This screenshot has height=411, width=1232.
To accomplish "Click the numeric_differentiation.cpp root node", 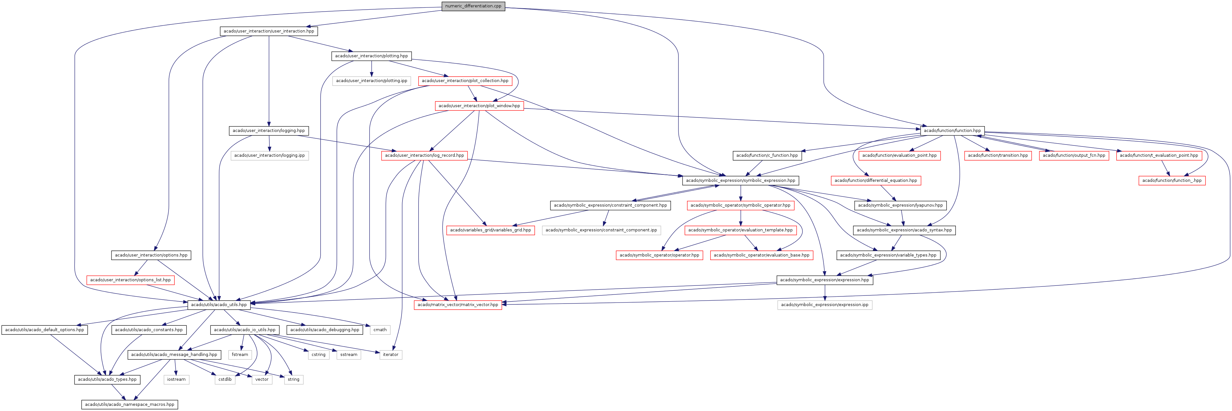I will [473, 6].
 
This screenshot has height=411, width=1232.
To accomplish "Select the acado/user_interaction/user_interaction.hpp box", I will [269, 31].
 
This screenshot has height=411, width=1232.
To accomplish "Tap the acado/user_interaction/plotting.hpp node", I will [372, 56].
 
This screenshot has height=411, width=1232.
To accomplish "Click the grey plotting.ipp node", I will [372, 81].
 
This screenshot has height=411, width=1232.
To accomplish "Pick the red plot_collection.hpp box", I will [465, 81].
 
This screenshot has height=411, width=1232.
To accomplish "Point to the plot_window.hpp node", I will [479, 106].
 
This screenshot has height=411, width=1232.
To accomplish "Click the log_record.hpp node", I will [424, 155].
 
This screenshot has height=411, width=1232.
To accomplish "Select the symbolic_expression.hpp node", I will [740, 180].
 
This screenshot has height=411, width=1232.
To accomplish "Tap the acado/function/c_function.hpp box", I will [767, 155].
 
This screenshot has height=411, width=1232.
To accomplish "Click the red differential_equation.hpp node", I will [876, 180].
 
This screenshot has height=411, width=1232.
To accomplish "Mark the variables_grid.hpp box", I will [490, 230].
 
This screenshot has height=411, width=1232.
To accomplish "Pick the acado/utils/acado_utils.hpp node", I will [218, 304].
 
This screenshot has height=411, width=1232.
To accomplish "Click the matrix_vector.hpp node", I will [458, 304].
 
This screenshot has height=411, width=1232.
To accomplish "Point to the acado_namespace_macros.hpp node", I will [130, 404].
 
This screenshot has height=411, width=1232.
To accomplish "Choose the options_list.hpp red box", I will [130, 280].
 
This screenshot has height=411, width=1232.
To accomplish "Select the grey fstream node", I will [240, 355].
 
